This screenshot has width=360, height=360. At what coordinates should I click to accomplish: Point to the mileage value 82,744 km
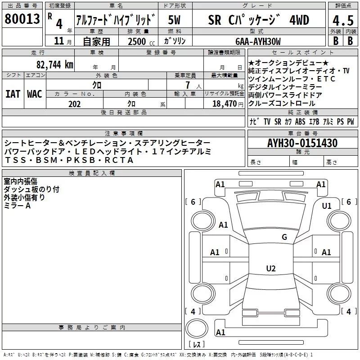(x=54, y=65)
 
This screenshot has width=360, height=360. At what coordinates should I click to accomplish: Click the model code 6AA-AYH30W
(x=258, y=41)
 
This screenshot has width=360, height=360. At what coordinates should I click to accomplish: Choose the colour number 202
(x=74, y=104)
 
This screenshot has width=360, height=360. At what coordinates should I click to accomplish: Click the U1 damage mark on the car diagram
(x=327, y=206)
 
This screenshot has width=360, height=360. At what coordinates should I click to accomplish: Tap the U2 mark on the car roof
(x=270, y=269)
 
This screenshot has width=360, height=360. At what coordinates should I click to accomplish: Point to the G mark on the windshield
(x=284, y=237)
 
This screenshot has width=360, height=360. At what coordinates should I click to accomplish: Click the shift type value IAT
(x=13, y=94)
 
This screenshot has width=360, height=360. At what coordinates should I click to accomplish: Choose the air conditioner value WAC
(x=34, y=94)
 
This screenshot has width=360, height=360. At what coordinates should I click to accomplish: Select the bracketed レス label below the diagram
(x=196, y=345)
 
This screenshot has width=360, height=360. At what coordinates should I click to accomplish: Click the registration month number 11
(x=58, y=41)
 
